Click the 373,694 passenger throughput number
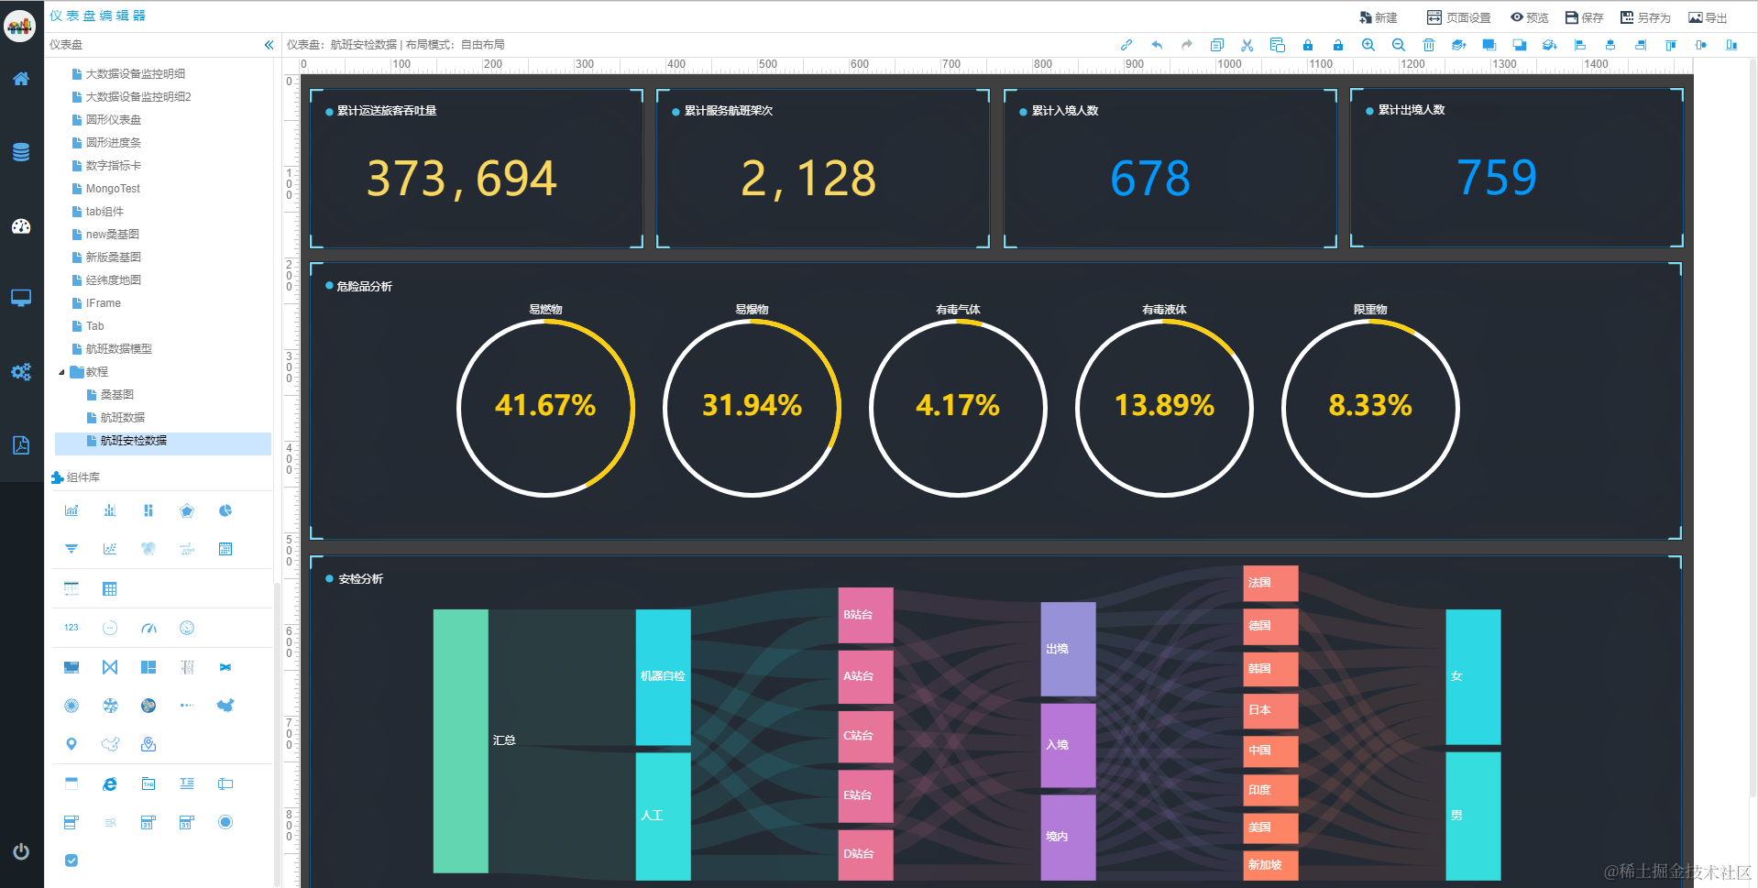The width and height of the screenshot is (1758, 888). pyautogui.click(x=461, y=178)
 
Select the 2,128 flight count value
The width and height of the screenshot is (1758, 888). pyautogui.click(x=808, y=178)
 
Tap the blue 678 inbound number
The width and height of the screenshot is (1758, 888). pyautogui.click(x=1149, y=178)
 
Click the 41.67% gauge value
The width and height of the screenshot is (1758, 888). pyautogui.click(x=545, y=405)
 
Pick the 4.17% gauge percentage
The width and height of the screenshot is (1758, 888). pyautogui.click(x=958, y=405)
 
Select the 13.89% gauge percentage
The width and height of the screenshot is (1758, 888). pyautogui.click(x=1164, y=405)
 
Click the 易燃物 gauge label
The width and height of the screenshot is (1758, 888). pyautogui.click(x=545, y=310)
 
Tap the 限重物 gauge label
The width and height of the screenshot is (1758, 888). pyautogui.click(x=1370, y=310)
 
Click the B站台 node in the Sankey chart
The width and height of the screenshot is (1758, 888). pyautogui.click(x=865, y=614)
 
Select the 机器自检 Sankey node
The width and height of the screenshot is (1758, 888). pyautogui.click(x=663, y=676)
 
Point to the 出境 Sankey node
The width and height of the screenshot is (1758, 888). pyautogui.click(x=1068, y=649)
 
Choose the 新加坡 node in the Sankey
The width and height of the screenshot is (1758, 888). pyautogui.click(x=1269, y=864)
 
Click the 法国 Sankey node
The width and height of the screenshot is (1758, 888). pyautogui.click(x=1269, y=583)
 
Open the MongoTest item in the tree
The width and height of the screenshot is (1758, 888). pyautogui.click(x=113, y=189)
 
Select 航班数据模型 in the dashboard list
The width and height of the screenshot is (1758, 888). pyautogui.click(x=119, y=349)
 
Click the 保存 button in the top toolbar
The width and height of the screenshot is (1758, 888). pyautogui.click(x=1585, y=17)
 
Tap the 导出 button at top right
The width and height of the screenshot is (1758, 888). pyautogui.click(x=1709, y=17)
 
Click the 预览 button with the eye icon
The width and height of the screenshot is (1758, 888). pyautogui.click(x=1530, y=17)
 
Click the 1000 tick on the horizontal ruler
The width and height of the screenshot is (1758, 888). pyautogui.click(x=1229, y=64)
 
